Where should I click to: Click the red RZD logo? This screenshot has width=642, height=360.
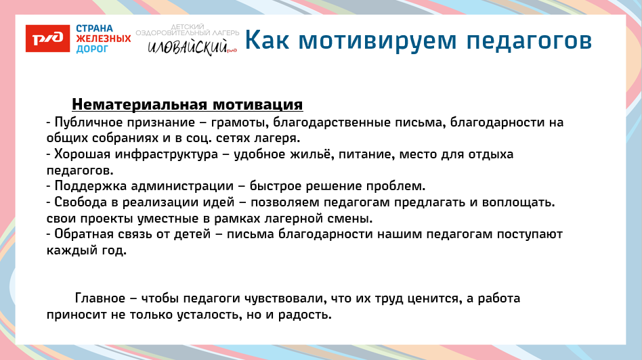(x=47, y=39)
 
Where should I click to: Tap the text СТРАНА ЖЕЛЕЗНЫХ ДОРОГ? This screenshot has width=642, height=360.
(x=103, y=39)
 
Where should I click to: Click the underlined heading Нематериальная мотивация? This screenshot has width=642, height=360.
(x=187, y=105)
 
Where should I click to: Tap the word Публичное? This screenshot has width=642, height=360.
(x=83, y=123)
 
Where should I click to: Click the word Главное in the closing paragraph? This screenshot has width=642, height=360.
(x=100, y=298)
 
